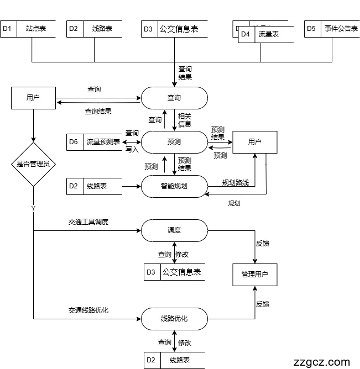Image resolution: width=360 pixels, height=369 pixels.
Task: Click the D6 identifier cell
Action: click(74, 142)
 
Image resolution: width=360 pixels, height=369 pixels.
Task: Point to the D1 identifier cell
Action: click(7, 29)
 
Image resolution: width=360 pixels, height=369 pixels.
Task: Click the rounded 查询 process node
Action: click(174, 98)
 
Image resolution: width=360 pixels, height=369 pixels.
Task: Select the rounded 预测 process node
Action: click(174, 142)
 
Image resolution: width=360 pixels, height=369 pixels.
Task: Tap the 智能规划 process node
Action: click(174, 186)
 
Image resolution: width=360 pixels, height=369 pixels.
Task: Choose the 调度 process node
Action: click(174, 230)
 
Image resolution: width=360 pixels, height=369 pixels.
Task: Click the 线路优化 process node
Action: click(174, 319)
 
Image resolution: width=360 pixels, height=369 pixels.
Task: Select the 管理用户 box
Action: click(254, 275)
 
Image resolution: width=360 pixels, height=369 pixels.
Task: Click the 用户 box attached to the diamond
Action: click(33, 98)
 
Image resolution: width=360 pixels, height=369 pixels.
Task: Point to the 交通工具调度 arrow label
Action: click(88, 222)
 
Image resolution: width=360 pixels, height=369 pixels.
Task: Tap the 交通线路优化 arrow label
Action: click(88, 310)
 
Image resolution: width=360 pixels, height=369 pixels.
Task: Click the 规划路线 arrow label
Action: click(236, 182)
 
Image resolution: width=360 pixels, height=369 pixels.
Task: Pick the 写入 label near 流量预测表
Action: click(132, 150)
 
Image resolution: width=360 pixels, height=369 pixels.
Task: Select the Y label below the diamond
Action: click(33, 208)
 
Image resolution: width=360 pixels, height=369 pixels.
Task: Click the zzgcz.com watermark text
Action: click(322, 362)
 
